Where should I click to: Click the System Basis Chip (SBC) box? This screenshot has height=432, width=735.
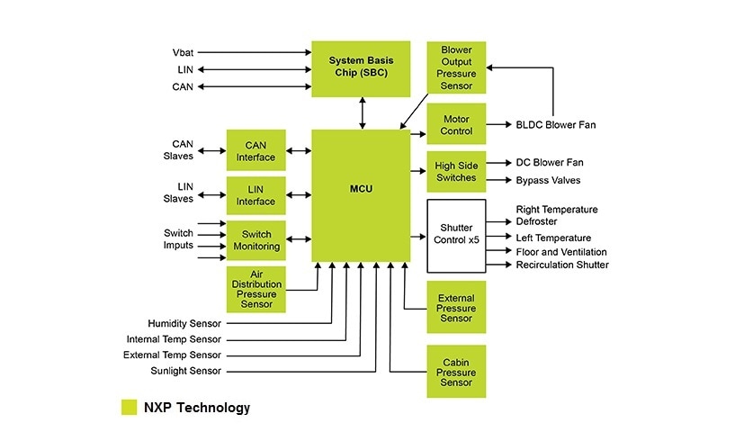tap(361, 67)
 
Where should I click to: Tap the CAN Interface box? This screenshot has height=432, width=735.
tap(255, 150)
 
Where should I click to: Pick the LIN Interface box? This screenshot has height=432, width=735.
tap(255, 195)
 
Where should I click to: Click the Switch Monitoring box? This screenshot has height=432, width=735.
tap(255, 240)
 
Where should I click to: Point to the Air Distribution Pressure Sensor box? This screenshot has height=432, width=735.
tap(255, 289)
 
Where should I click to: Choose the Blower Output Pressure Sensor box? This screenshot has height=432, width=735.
tap(456, 67)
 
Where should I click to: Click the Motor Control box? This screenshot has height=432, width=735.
tap(456, 124)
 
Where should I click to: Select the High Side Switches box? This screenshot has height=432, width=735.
tap(456, 171)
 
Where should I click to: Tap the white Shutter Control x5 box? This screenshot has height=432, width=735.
tap(456, 237)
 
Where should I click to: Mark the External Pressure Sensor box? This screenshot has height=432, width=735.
tap(456, 308)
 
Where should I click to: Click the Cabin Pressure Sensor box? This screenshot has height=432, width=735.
tap(456, 371)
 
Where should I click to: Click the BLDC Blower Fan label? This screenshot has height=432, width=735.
tap(555, 125)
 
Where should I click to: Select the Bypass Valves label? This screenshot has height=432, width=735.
tap(548, 181)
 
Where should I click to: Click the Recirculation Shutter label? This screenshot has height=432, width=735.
tap(562, 265)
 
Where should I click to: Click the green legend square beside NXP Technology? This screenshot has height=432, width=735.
tap(130, 408)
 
